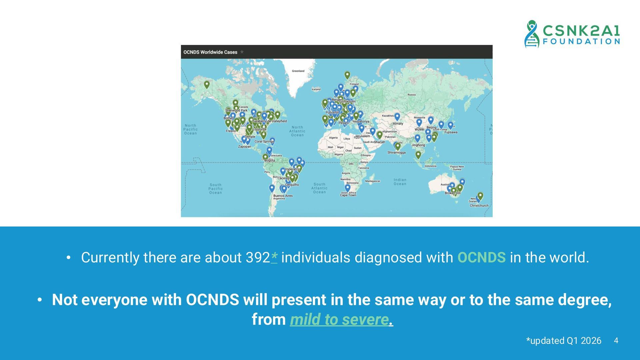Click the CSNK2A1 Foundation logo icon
(x=532, y=34)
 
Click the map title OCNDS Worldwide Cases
(x=210, y=52)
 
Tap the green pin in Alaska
(x=207, y=84)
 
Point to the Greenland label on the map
(x=298, y=71)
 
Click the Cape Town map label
(x=348, y=195)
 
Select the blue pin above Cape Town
(x=348, y=188)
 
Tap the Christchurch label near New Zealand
(x=479, y=205)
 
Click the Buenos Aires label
(x=283, y=196)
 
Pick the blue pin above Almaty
(x=397, y=116)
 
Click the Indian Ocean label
(x=400, y=182)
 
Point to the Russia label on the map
(x=412, y=95)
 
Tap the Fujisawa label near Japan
(x=451, y=132)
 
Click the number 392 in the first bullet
(x=258, y=258)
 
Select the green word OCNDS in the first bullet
(x=481, y=258)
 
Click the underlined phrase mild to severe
(x=339, y=319)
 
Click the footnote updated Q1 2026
(x=564, y=341)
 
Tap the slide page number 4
(x=616, y=341)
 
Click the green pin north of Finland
(x=347, y=75)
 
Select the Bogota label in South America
(x=270, y=160)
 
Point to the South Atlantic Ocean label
(x=319, y=188)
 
